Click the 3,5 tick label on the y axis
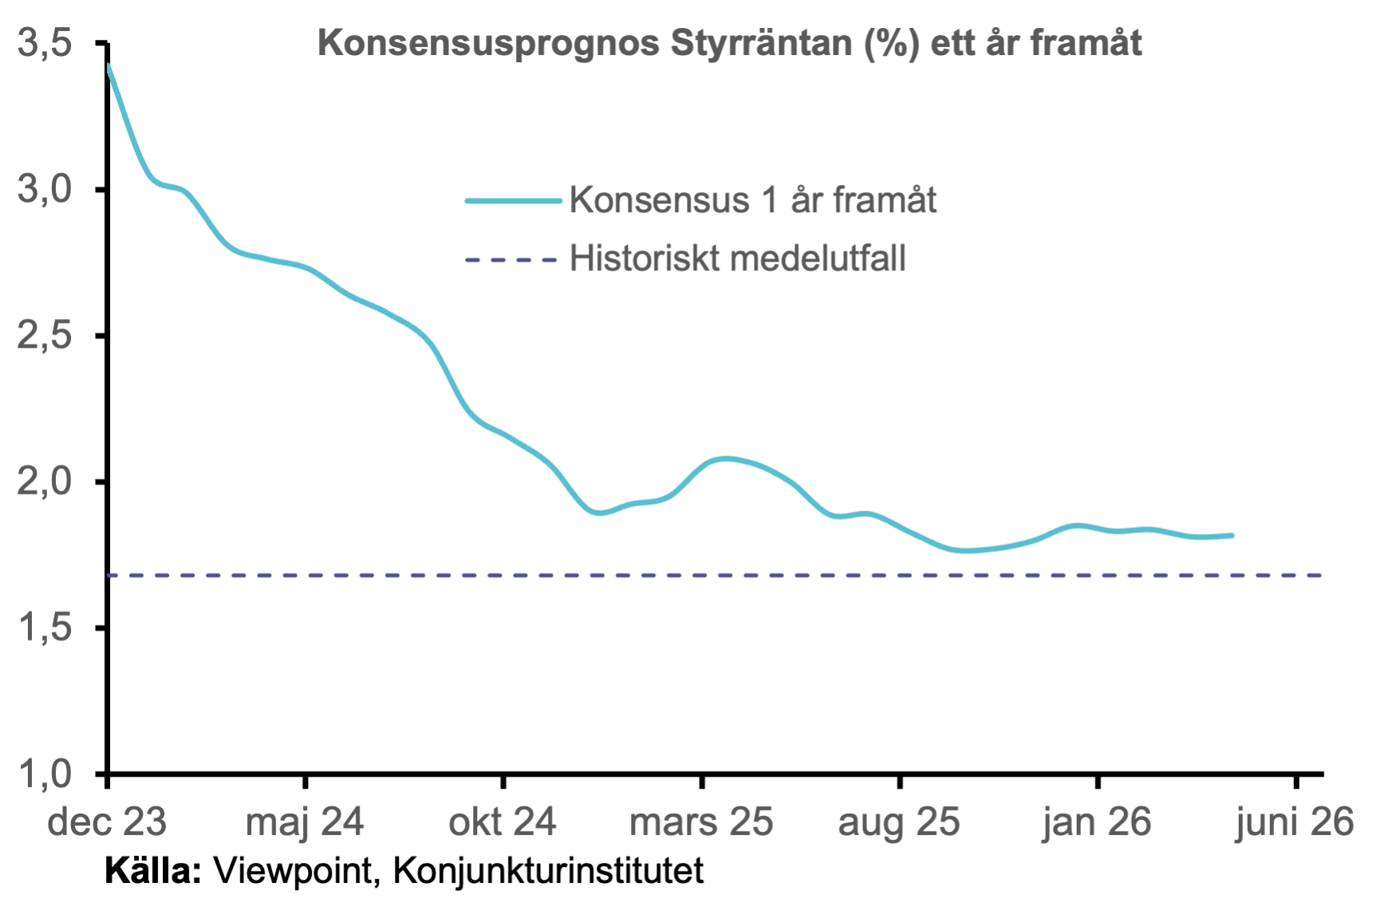[x=45, y=43]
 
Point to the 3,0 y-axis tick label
[x=45, y=190]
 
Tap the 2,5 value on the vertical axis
[x=45, y=336]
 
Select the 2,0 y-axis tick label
[x=45, y=483]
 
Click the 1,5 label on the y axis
[x=45, y=629]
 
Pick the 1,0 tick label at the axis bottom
[x=45, y=774]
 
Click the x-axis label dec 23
[x=107, y=822]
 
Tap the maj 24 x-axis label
[x=305, y=822]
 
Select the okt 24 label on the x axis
[x=503, y=822]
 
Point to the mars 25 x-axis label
[x=701, y=822]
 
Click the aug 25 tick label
[x=899, y=822]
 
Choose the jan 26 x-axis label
[x=1097, y=822]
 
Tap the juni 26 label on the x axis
[x=1295, y=822]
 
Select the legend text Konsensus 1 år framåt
[x=753, y=199]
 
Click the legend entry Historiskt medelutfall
[x=738, y=258]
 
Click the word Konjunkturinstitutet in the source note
[x=549, y=871]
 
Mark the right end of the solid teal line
[x=1233, y=535]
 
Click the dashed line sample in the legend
[x=511, y=259]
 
